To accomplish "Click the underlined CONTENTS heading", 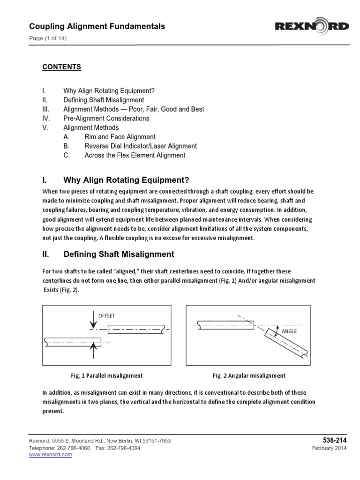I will (x=62, y=67).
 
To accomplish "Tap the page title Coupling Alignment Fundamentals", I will (x=97, y=27).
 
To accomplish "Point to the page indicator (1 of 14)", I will (x=48, y=38).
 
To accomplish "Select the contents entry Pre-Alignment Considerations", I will (x=106, y=119).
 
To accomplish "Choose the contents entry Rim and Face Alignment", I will (x=120, y=137).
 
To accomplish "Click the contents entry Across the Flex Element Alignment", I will (x=135, y=155).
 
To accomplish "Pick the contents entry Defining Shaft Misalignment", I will (x=104, y=100).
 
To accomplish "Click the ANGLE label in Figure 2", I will (x=289, y=331).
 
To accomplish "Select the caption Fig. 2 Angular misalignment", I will (x=249, y=375).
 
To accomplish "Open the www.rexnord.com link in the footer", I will (x=51, y=455).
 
